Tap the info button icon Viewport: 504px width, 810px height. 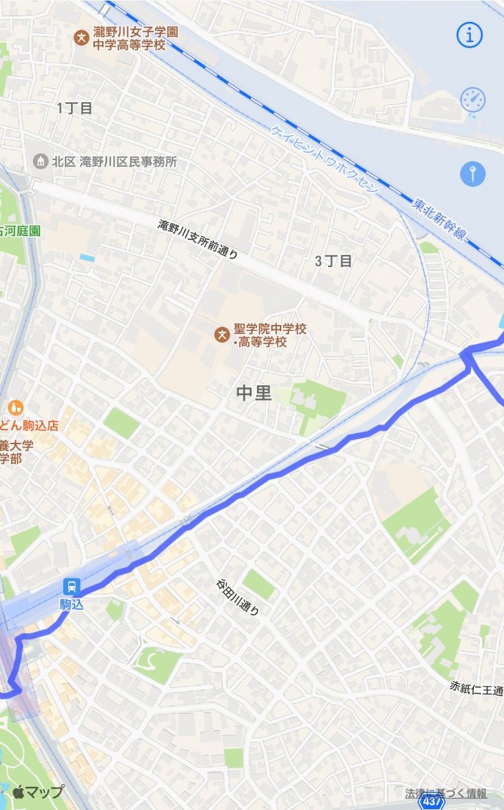pyautogui.click(x=470, y=34)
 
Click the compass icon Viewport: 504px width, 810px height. pyautogui.click(x=472, y=100)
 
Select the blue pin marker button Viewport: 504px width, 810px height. pyautogui.click(x=472, y=174)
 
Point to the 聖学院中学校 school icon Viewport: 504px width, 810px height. pyautogui.click(x=220, y=332)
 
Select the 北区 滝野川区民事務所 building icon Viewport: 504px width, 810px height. pyautogui.click(x=41, y=161)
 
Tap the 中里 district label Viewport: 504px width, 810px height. pyautogui.click(x=254, y=393)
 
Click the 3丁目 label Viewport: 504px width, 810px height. pyautogui.click(x=333, y=261)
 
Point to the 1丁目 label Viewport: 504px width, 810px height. pyautogui.click(x=75, y=108)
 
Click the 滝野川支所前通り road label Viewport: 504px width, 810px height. pyautogui.click(x=198, y=239)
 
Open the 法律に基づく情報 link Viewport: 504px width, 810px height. pyautogui.click(x=446, y=793)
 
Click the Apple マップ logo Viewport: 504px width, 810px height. pyautogui.click(x=38, y=792)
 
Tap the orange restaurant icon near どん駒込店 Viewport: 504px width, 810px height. pyautogui.click(x=15, y=407)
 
